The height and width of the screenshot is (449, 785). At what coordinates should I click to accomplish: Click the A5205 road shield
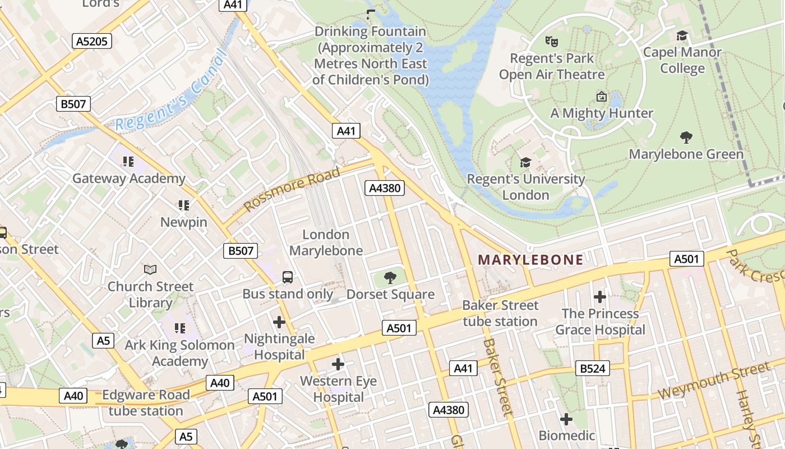93,41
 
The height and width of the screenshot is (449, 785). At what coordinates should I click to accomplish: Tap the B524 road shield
593,369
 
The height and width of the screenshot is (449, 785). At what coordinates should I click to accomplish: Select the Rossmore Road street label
292,188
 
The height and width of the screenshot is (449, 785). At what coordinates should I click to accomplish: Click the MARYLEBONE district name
530,259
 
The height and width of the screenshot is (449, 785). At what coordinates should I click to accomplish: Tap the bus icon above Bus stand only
287,277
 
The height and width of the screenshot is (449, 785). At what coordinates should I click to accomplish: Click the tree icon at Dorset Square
390,277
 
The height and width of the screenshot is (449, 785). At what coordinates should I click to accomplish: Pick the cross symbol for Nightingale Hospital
279,322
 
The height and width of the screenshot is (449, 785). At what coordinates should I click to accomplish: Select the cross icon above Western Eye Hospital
338,364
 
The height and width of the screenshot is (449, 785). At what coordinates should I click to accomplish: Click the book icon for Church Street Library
150,269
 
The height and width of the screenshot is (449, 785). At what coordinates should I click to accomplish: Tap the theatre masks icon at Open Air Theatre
552,41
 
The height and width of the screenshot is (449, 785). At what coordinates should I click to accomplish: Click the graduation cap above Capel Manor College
682,36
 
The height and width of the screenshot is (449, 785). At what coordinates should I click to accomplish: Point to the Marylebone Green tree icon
686,138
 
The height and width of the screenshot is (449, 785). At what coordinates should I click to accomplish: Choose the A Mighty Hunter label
602,113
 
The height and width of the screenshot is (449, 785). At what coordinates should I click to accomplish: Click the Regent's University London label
525,187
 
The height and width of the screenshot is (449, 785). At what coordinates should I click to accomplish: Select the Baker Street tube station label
500,313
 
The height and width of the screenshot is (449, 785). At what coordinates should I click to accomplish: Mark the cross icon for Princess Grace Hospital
600,296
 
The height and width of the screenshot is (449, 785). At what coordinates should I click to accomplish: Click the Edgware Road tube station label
146,402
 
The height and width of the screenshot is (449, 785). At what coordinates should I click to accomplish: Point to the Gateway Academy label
129,178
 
